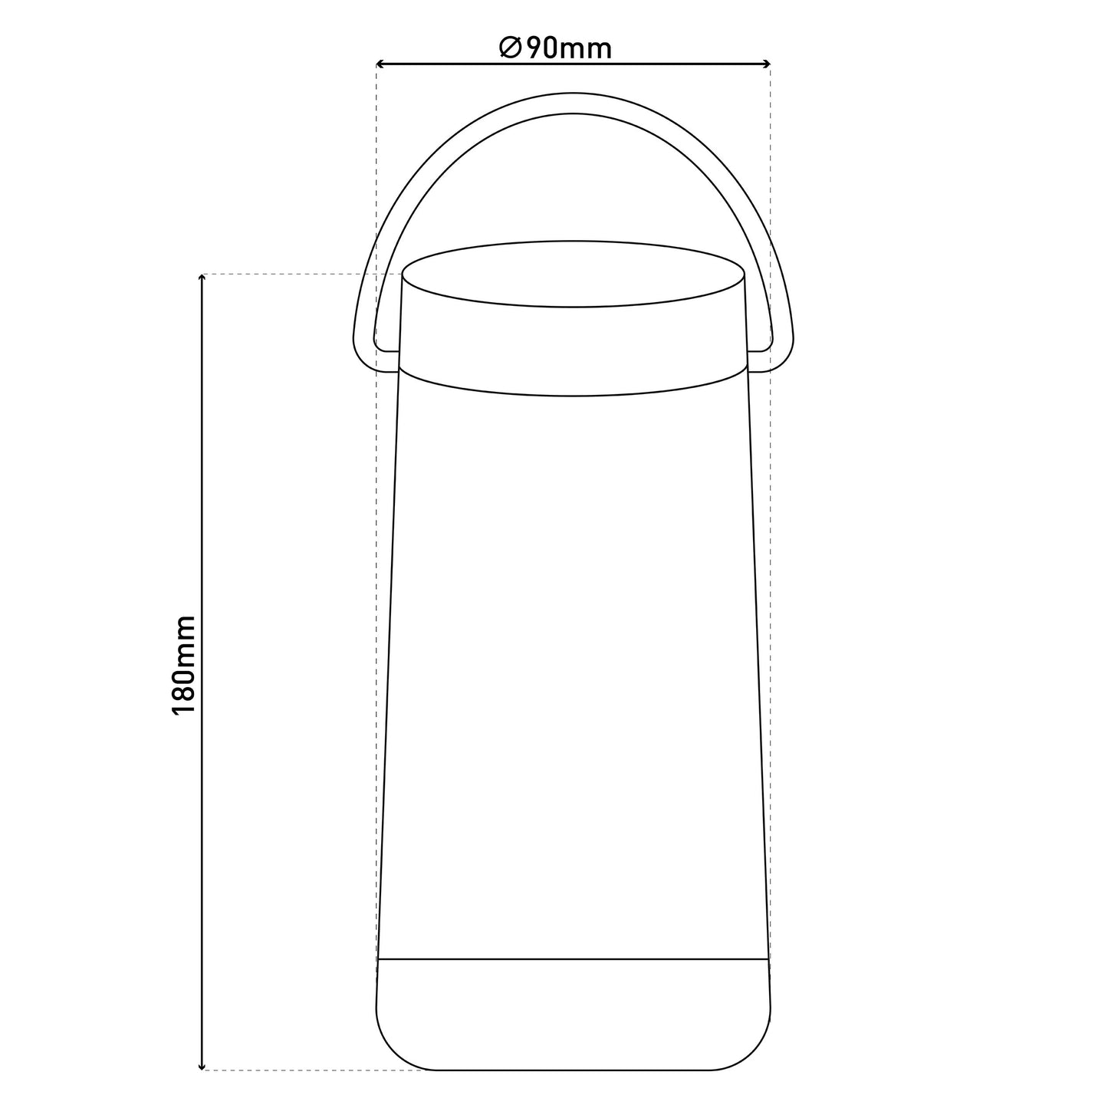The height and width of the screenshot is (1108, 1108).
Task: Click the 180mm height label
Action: click(184, 665)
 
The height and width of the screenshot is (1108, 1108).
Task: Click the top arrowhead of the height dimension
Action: click(201, 279)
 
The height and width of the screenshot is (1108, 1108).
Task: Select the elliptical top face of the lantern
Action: click(573, 274)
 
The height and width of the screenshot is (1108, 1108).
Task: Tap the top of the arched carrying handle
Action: click(573, 103)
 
